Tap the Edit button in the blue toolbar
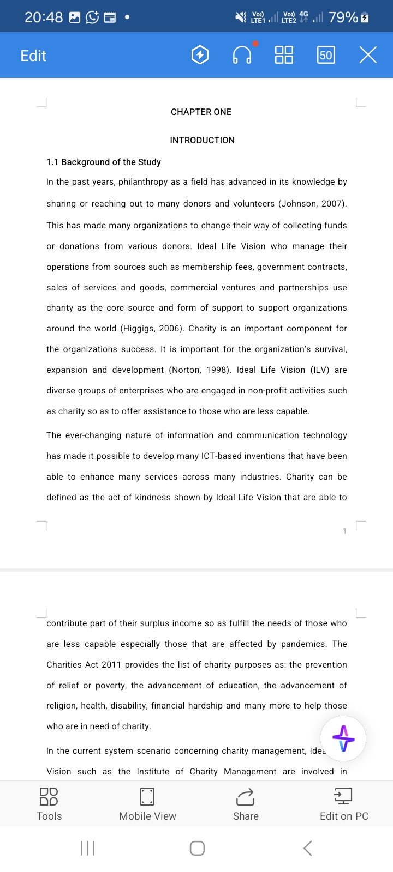point(33,56)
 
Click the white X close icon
point(368,55)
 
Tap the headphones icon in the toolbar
point(242,55)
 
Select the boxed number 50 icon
point(326,55)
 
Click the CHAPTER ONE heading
point(201,112)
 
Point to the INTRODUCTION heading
point(202,140)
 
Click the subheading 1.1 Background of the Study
point(104,162)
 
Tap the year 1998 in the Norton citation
point(216,370)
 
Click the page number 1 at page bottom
point(344,531)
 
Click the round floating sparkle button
point(343,739)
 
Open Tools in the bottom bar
point(49,804)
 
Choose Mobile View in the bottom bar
point(147,804)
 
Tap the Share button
point(246,804)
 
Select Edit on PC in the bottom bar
point(344,804)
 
